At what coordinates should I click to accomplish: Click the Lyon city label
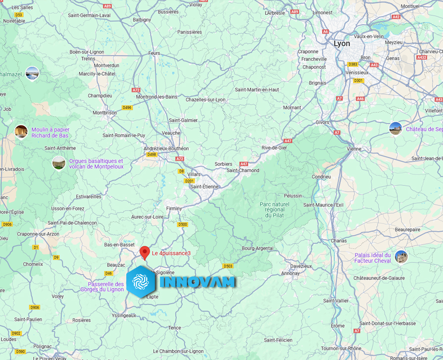[342, 44]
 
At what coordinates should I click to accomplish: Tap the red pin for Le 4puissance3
[145, 252]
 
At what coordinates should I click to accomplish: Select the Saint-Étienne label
[204, 187]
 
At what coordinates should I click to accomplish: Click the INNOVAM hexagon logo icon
[141, 281]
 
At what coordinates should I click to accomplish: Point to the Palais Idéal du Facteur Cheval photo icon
[401, 257]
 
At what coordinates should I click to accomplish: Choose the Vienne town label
[354, 149]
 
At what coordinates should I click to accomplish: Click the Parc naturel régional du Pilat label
[274, 209]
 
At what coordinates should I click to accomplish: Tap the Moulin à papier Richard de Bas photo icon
[21, 132]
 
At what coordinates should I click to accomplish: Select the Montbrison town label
[104, 112]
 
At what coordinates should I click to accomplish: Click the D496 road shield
[127, 107]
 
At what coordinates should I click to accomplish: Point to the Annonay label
[291, 273]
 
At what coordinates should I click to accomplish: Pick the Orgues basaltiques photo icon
[59, 163]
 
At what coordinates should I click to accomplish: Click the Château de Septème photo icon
[395, 128]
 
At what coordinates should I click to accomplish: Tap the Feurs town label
[154, 53]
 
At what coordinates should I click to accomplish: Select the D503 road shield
[228, 266]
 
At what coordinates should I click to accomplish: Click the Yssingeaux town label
[124, 315]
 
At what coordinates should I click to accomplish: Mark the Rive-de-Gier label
[274, 148]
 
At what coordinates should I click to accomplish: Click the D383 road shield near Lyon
[352, 64]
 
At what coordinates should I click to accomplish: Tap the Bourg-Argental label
[258, 248]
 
